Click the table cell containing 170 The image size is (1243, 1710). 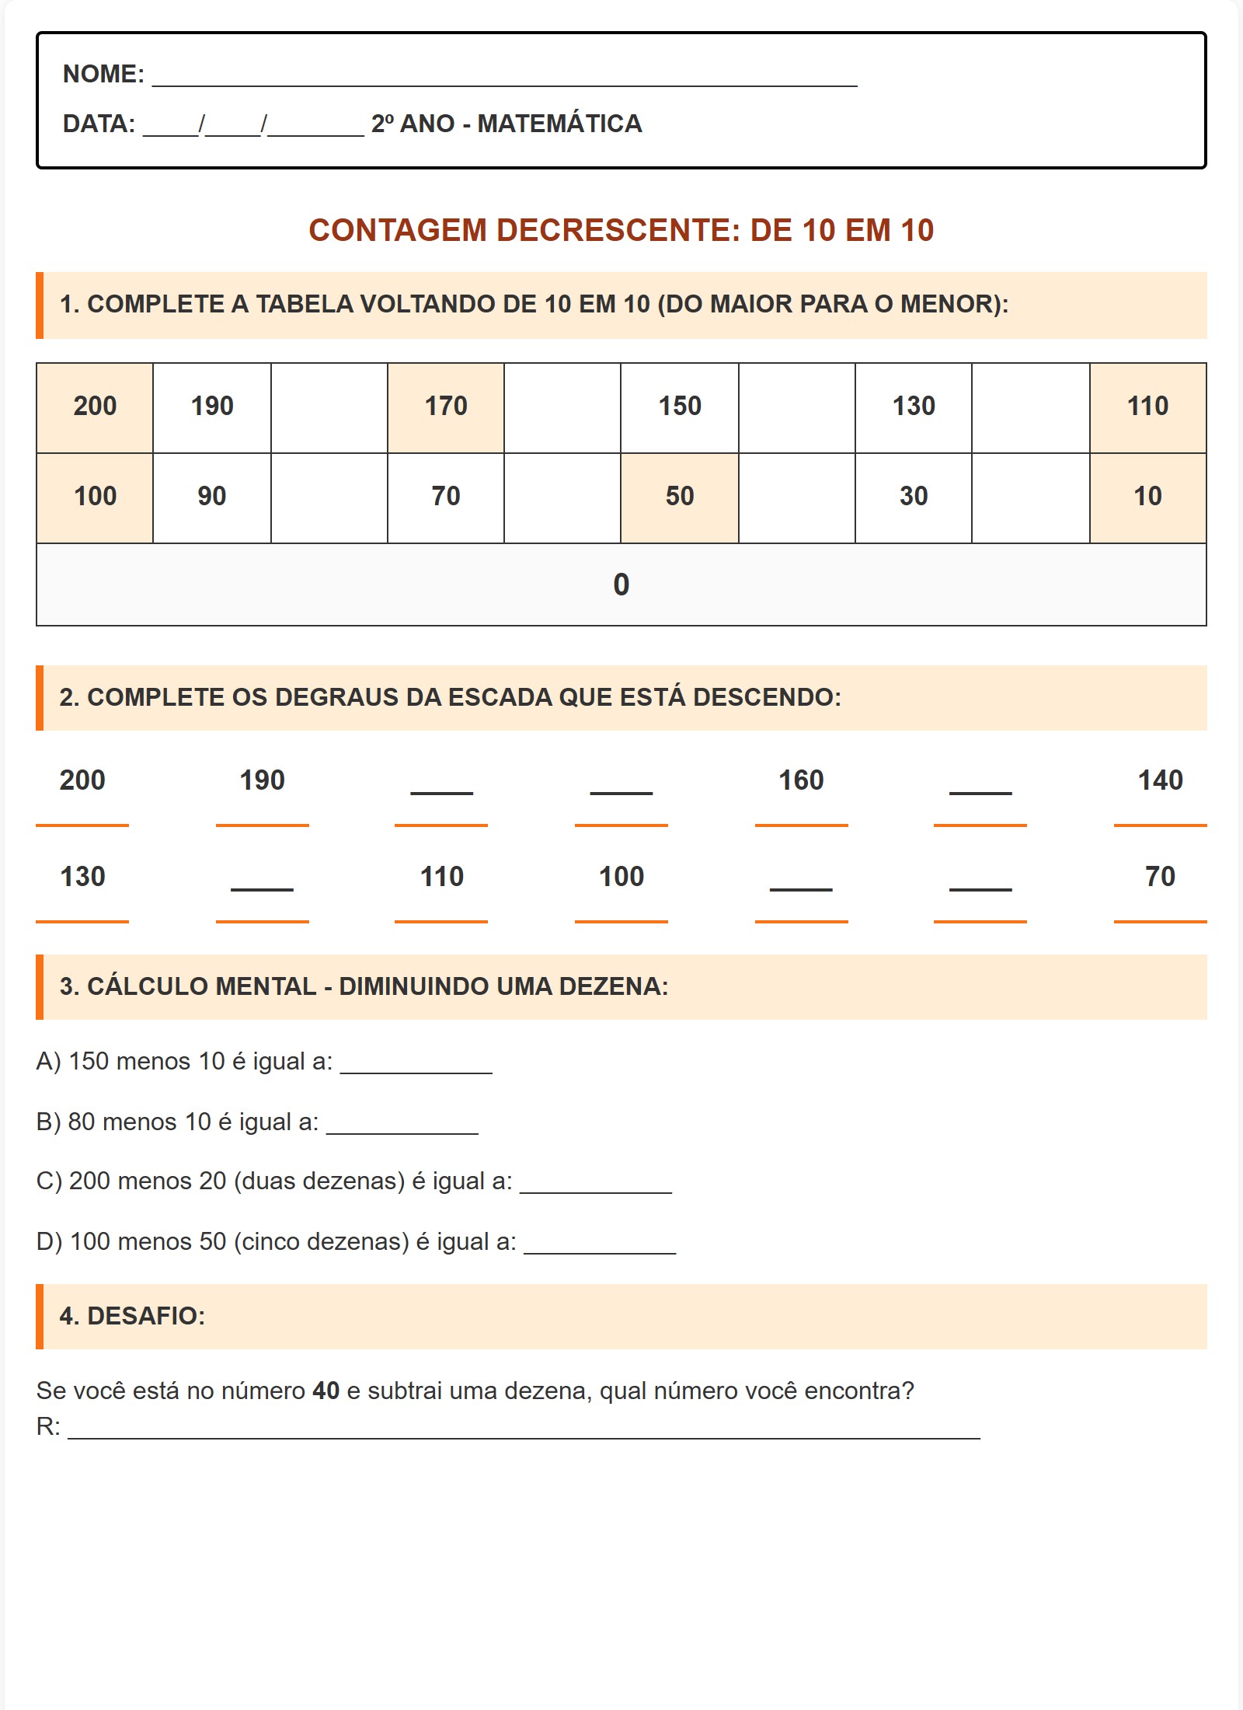[x=446, y=407]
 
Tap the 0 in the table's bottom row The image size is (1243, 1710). [x=621, y=585]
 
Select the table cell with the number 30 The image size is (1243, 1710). [x=914, y=497]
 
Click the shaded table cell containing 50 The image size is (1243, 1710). [x=680, y=497]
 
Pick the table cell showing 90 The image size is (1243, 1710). [x=211, y=497]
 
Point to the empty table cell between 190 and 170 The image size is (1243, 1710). [x=329, y=407]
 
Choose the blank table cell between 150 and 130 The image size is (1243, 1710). [x=796, y=407]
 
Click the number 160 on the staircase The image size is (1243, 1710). [x=801, y=780]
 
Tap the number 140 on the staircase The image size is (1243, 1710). [x=1160, y=780]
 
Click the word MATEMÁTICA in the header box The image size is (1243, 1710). [x=559, y=124]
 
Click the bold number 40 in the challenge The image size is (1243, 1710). [x=326, y=1391]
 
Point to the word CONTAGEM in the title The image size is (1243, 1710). [x=398, y=231]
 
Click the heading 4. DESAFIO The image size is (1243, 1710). [x=132, y=1316]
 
